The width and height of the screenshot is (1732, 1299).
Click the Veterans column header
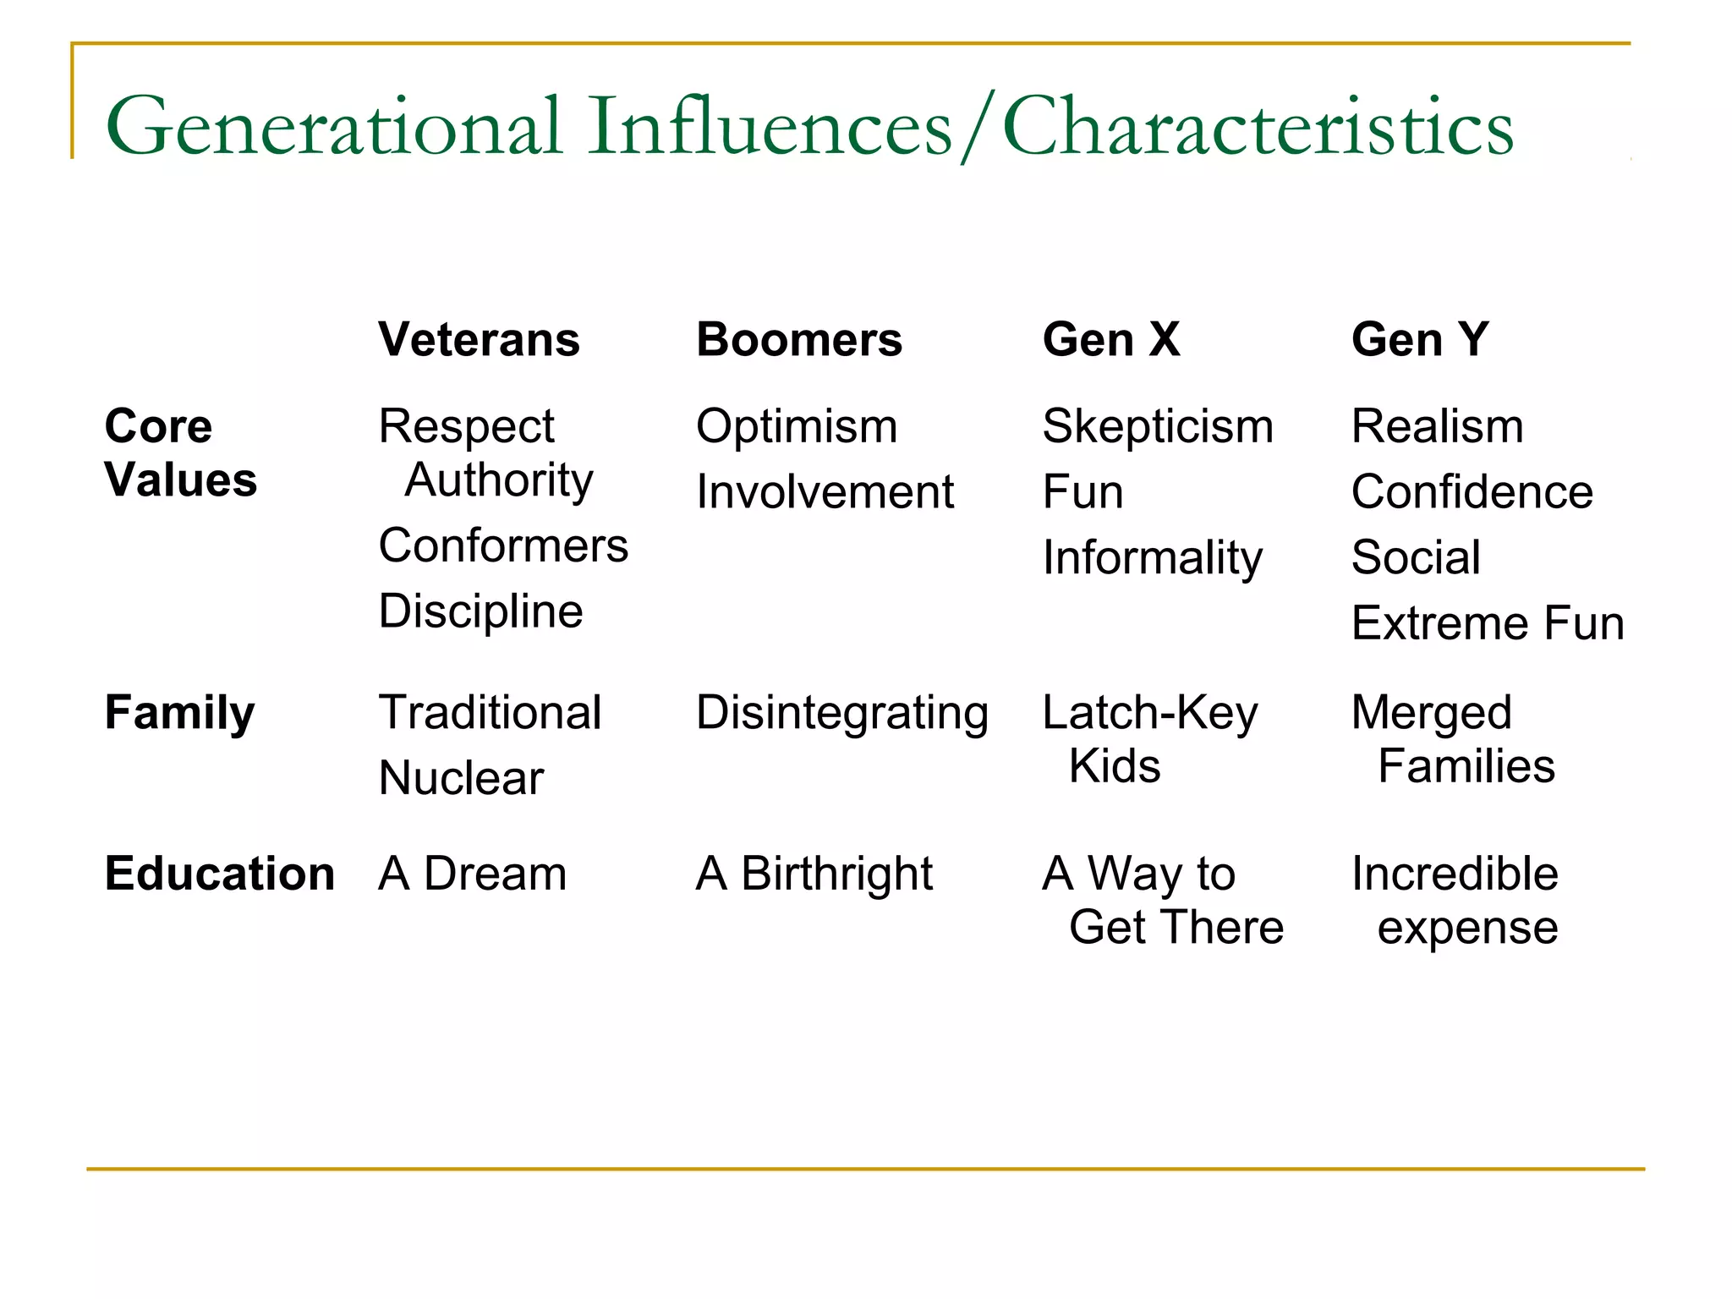click(479, 340)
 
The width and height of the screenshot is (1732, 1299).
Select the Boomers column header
click(799, 340)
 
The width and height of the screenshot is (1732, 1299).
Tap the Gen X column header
click(1111, 340)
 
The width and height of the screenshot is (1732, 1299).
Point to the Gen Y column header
click(1420, 340)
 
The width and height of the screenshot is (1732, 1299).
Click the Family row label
click(179, 713)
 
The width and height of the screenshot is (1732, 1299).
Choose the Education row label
click(220, 874)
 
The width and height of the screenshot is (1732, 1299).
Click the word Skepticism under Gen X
click(1158, 426)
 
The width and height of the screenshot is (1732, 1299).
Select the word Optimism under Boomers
click(797, 426)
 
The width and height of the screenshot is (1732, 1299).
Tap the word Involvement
click(825, 492)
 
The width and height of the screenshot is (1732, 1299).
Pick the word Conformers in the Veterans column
click(503, 545)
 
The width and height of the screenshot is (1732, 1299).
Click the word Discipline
click(480, 611)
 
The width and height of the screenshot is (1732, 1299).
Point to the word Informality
click(1153, 558)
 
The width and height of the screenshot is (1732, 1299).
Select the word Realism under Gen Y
click(1438, 426)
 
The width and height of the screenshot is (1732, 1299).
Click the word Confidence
click(1472, 492)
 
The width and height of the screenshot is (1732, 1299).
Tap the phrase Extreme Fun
click(1488, 624)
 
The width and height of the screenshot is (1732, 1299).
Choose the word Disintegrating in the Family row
click(842, 713)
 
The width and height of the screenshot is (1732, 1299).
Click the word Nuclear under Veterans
click(461, 778)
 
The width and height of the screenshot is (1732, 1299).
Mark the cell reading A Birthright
click(814, 874)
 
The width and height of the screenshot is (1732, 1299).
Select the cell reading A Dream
click(472, 874)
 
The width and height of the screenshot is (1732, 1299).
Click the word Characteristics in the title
click(1258, 127)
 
